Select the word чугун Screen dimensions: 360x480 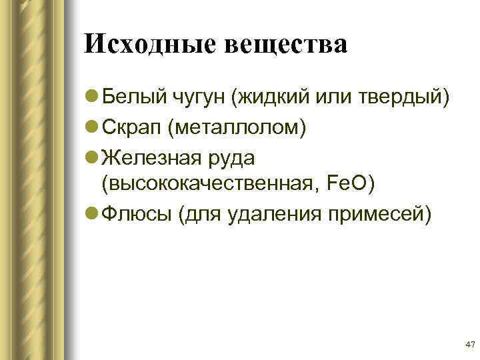pyautogui.click(x=195, y=99)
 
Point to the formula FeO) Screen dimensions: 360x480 pyautogui.click(x=354, y=183)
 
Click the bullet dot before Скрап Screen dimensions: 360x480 pyautogui.click(x=93, y=127)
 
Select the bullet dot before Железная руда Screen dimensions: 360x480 pyautogui.click(x=93, y=155)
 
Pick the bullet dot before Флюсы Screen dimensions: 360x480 pyautogui.click(x=93, y=213)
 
